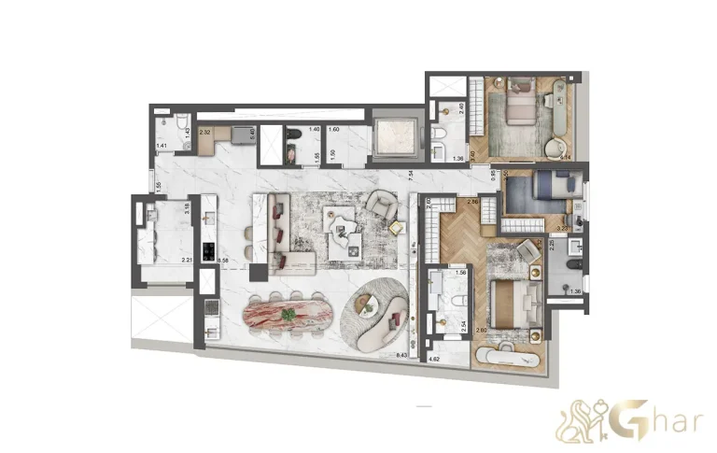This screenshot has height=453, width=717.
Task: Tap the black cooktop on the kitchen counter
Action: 208,250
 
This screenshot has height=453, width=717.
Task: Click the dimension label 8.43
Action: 402,355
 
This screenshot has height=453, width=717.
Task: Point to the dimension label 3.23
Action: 563,226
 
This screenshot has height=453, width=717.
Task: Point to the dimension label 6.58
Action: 222,259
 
